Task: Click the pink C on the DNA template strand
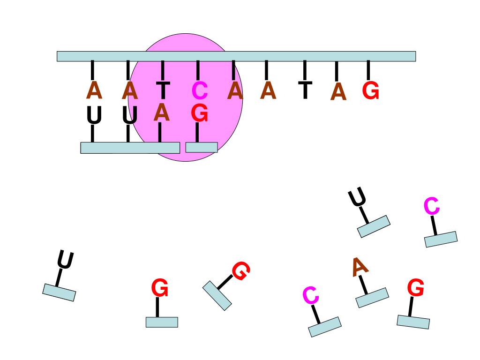(x=200, y=90)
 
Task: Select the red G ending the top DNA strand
(x=371, y=90)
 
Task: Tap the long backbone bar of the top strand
(x=236, y=56)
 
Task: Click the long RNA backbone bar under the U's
(x=130, y=148)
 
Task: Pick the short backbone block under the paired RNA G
(x=202, y=147)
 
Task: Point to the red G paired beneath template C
(x=200, y=113)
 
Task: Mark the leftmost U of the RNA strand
(x=94, y=115)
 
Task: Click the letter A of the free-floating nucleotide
(x=360, y=267)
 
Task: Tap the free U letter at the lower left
(x=65, y=260)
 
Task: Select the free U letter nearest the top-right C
(x=357, y=196)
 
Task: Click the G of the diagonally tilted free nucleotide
(x=241, y=270)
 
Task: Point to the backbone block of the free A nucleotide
(x=372, y=298)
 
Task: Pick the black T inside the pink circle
(x=163, y=90)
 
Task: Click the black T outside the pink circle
(x=305, y=90)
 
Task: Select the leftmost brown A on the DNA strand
(x=94, y=90)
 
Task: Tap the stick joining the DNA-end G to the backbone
(x=368, y=71)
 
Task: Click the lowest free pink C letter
(x=311, y=295)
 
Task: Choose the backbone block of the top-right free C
(x=441, y=239)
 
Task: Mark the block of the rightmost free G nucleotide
(x=413, y=322)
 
